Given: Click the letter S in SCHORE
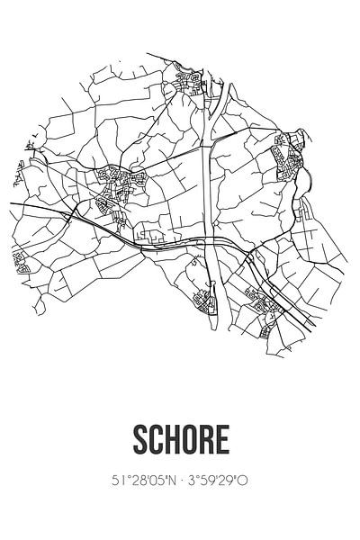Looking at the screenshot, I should [139, 441].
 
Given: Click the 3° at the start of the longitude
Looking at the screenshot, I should [193, 482].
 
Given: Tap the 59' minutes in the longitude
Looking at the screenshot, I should [213, 482].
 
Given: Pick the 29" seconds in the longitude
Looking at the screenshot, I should [234, 482].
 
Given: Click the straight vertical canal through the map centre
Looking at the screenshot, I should [210, 180].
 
